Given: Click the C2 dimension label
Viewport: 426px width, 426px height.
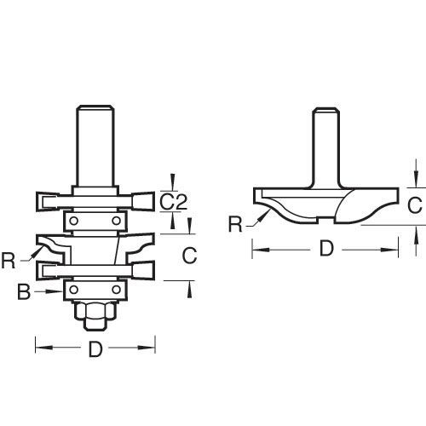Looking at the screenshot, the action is pyautogui.click(x=173, y=201).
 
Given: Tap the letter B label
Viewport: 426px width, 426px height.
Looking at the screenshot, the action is pyautogui.click(x=24, y=291).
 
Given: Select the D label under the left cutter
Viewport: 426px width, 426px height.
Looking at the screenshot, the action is pyautogui.click(x=95, y=349).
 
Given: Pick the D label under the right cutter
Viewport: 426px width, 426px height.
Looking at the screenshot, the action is pyautogui.click(x=326, y=248).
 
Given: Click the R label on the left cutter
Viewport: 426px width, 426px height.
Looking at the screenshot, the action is pyautogui.click(x=9, y=261).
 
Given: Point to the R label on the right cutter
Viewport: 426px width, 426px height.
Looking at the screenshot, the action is pyautogui.click(x=236, y=224).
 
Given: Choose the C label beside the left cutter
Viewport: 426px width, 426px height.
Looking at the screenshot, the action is pyautogui.click(x=189, y=255).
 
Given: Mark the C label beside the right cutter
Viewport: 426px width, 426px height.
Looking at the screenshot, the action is pyautogui.click(x=415, y=205).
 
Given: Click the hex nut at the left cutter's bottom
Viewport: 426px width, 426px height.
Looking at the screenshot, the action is pyautogui.click(x=95, y=311).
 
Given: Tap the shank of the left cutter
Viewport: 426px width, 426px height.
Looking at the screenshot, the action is pyautogui.click(x=95, y=146).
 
